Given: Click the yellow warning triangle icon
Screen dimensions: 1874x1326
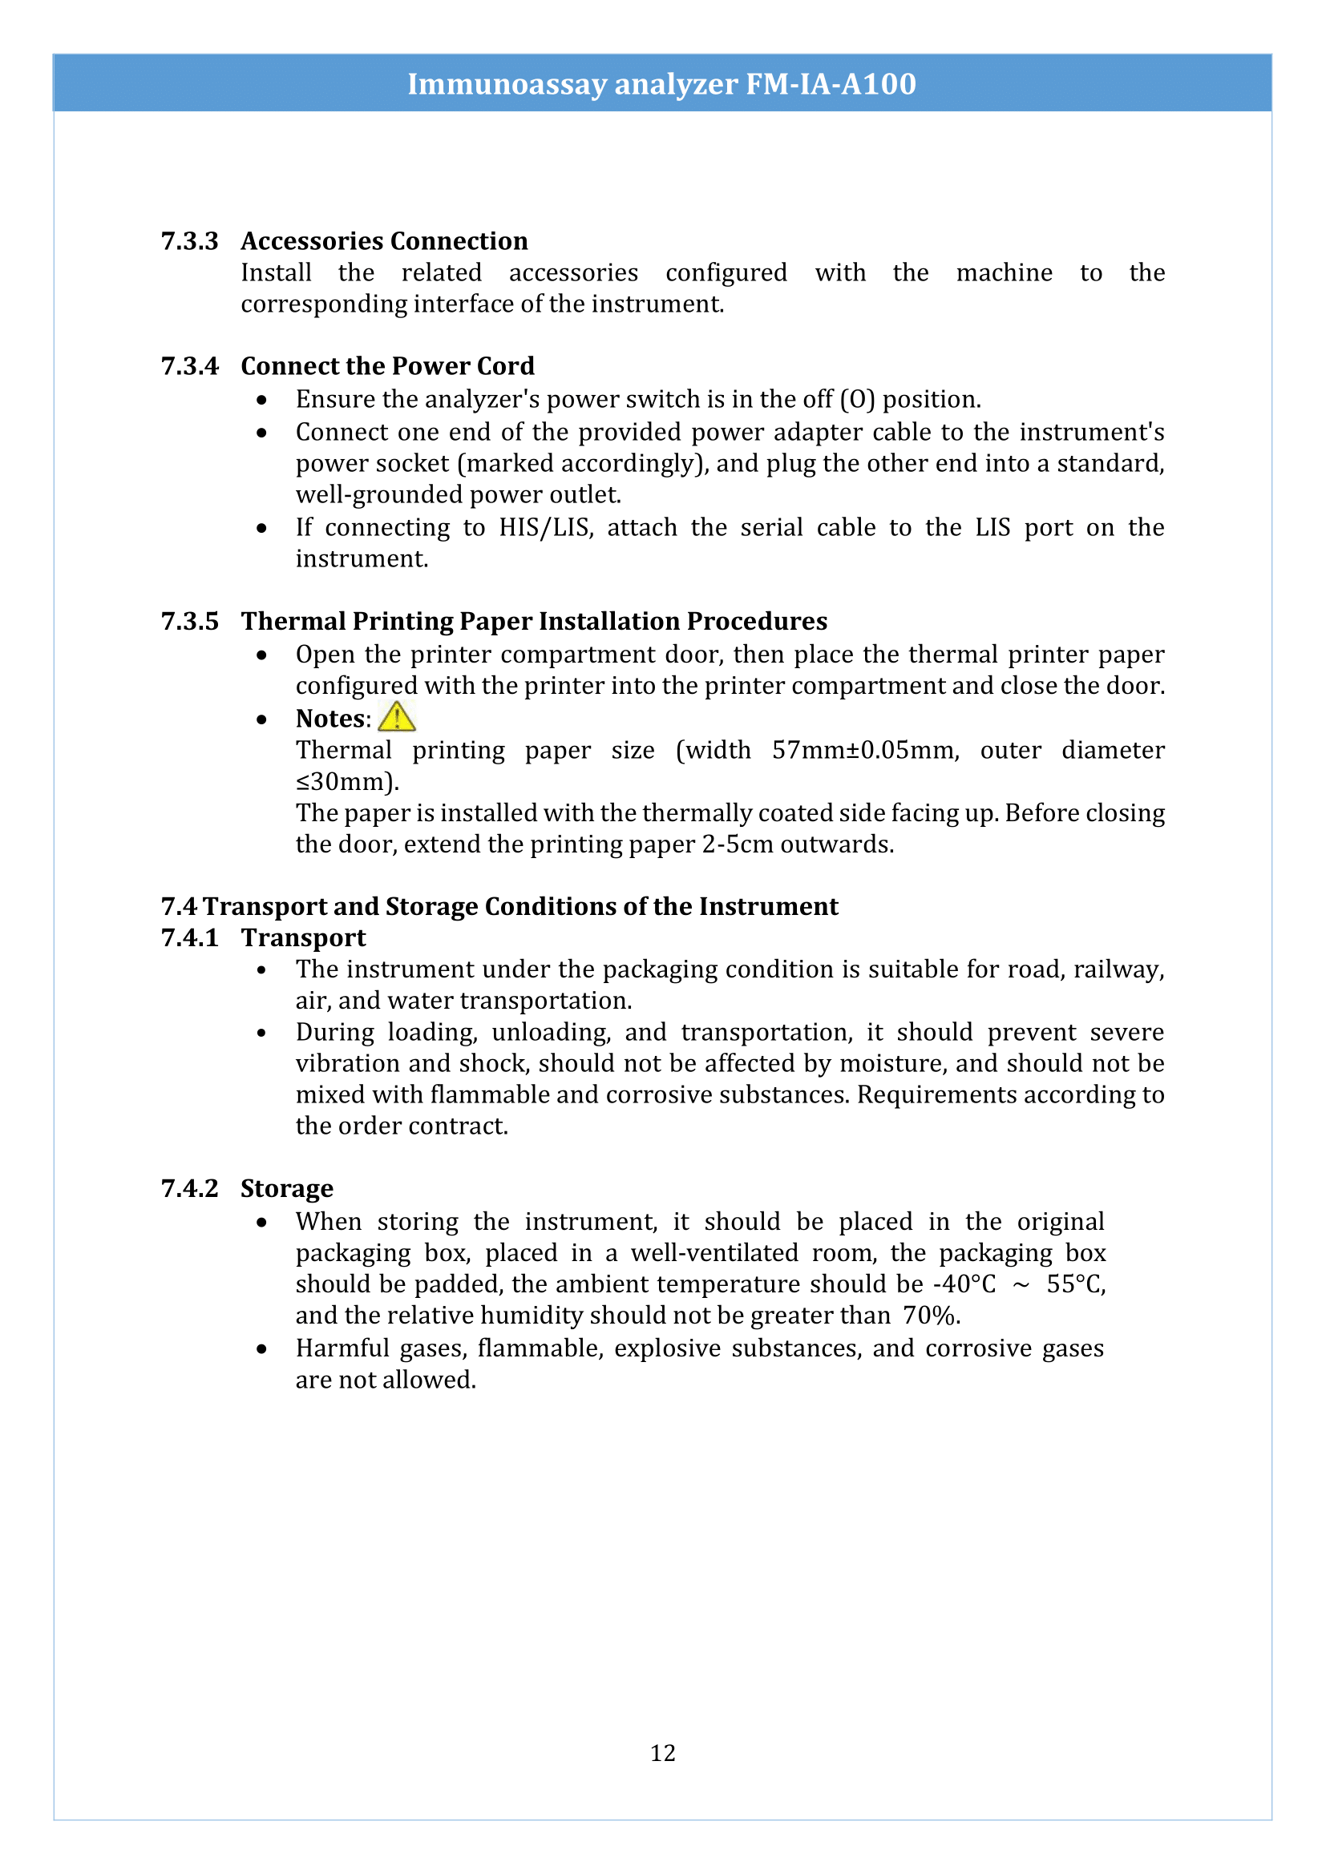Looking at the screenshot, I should (397, 716).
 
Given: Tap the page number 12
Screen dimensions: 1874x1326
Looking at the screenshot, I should (662, 1753).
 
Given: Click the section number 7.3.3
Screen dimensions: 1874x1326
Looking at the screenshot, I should (189, 241).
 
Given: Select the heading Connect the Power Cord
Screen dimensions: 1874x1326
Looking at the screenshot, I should (388, 365).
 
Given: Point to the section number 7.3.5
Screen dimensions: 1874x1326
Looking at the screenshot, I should (189, 621).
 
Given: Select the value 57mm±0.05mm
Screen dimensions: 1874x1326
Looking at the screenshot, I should (865, 750).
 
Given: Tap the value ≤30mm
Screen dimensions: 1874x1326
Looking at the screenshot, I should (346, 782).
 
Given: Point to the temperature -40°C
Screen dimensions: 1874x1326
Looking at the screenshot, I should (964, 1284).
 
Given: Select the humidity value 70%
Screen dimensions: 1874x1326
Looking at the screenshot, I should (931, 1315).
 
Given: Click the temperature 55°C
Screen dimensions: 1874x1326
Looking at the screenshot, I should (1075, 1284).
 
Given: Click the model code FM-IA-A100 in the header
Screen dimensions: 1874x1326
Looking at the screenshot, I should (831, 83).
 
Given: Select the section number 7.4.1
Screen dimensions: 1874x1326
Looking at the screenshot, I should (189, 938).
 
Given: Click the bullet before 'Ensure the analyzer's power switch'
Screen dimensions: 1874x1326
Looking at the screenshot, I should (261, 400).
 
